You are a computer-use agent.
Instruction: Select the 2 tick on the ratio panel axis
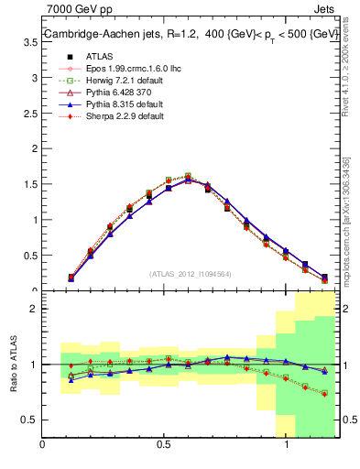34,309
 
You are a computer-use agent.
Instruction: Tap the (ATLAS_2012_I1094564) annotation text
190,273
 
